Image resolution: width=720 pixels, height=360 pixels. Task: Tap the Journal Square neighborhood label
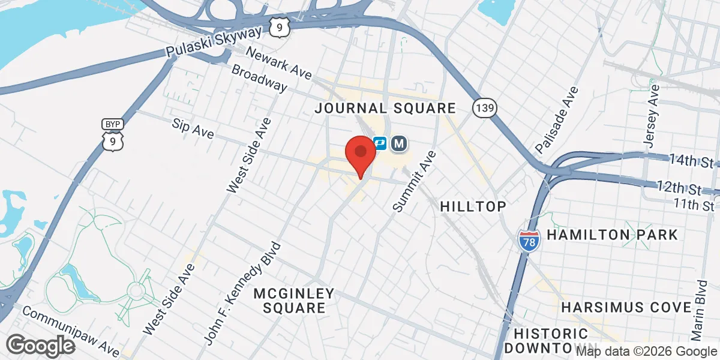click(386, 108)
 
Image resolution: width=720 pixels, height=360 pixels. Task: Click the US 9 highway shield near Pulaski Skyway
click(280, 26)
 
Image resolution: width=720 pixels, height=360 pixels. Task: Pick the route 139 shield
click(484, 108)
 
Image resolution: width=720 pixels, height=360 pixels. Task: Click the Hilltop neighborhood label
click(473, 206)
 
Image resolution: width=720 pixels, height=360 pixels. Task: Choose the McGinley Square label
click(293, 300)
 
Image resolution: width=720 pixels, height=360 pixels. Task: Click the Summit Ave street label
click(415, 181)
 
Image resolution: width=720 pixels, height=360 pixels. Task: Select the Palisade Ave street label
click(557, 119)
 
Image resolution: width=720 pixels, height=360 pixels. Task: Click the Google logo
click(40, 345)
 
